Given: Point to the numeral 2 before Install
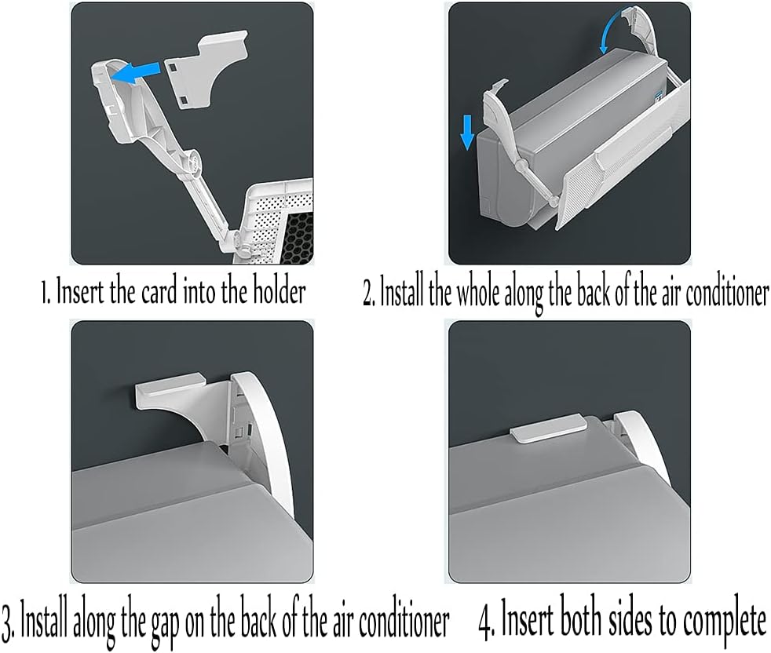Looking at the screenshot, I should click(368, 295).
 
